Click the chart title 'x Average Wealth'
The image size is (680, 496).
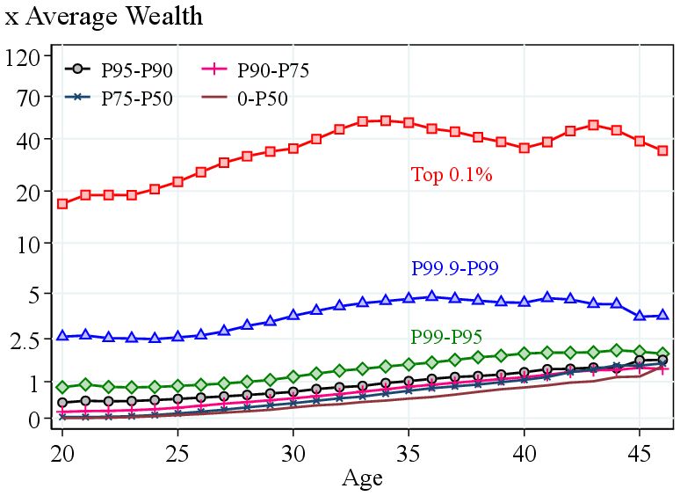pos(104,17)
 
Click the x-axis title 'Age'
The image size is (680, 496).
pos(362,478)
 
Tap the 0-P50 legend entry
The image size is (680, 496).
pos(263,98)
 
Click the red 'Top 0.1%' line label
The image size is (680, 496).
pos(452,175)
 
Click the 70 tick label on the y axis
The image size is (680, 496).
pos(29,98)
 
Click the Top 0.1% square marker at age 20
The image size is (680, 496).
pos(62,204)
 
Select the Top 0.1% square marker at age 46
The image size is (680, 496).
pos(663,151)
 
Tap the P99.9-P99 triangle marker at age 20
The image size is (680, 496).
pos(62,336)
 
